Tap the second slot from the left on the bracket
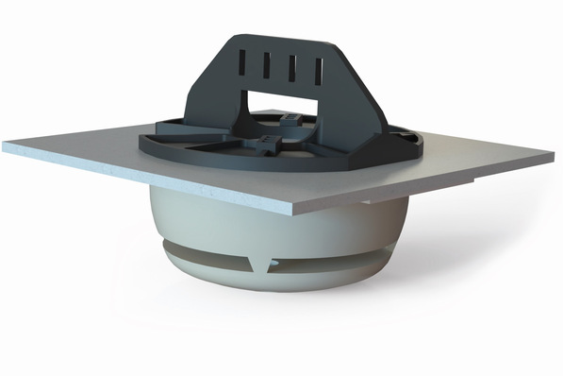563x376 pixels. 267,67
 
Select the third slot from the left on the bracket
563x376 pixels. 291,68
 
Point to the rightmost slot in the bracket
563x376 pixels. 318,70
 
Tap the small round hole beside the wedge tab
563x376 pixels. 257,256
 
